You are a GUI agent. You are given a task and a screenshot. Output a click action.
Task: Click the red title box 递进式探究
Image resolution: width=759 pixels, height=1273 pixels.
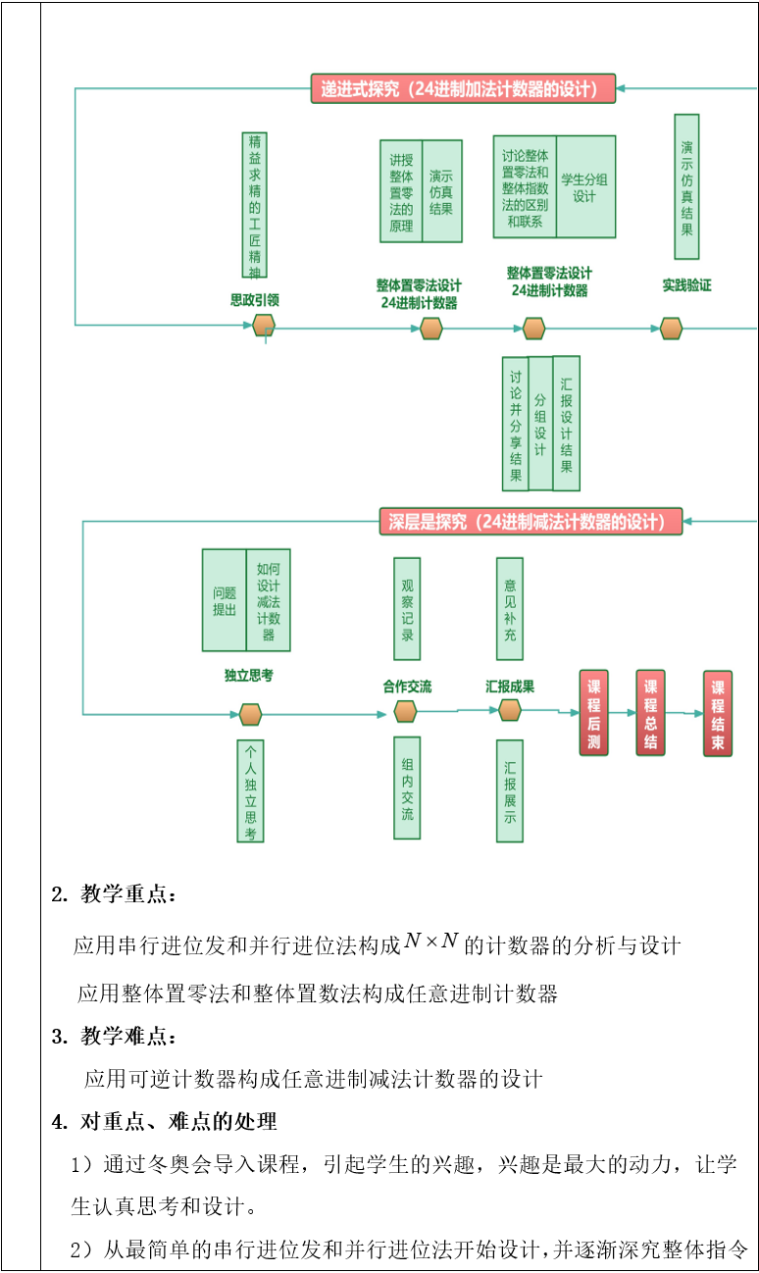pyautogui.click(x=463, y=88)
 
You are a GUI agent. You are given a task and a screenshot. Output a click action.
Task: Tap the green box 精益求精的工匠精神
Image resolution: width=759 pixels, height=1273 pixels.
pyautogui.click(x=255, y=205)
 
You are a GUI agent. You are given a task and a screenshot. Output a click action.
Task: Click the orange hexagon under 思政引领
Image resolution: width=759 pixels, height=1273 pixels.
pyautogui.click(x=263, y=327)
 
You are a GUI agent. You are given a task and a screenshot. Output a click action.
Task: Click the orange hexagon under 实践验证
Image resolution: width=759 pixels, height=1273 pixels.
pyautogui.click(x=671, y=329)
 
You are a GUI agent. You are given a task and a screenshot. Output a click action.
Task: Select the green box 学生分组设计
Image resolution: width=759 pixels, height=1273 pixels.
pyautogui.click(x=585, y=187)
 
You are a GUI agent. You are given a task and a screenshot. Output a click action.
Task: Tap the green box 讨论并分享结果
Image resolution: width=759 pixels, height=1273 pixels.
pyautogui.click(x=515, y=424)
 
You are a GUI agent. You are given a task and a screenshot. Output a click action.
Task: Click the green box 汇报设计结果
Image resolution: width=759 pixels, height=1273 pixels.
pyautogui.click(x=566, y=424)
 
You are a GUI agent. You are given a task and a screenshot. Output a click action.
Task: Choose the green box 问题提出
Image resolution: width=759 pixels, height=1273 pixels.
pyautogui.click(x=225, y=600)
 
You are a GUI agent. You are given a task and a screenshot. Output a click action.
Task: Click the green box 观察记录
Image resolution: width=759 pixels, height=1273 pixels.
pyautogui.click(x=407, y=608)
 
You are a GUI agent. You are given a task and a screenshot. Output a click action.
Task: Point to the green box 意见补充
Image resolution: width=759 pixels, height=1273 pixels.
pyautogui.click(x=509, y=608)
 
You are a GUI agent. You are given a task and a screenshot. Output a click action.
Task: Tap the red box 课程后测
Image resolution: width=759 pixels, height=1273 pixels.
pyautogui.click(x=593, y=713)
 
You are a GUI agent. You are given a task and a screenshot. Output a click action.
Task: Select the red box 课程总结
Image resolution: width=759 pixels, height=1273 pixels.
pyautogui.click(x=650, y=713)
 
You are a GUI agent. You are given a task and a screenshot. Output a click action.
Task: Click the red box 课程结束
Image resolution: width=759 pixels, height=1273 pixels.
pyautogui.click(x=718, y=713)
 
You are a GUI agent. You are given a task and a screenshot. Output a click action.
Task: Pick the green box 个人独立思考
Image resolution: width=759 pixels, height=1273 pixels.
pyautogui.click(x=250, y=790)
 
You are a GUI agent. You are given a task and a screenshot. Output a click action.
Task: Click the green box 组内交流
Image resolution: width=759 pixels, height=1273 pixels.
pyautogui.click(x=407, y=788)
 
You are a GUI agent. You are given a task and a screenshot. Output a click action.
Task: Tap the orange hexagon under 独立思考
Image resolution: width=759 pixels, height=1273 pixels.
pyautogui.click(x=250, y=714)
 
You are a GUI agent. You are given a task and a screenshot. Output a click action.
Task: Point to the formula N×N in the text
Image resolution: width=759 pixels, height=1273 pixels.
pyautogui.click(x=431, y=942)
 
